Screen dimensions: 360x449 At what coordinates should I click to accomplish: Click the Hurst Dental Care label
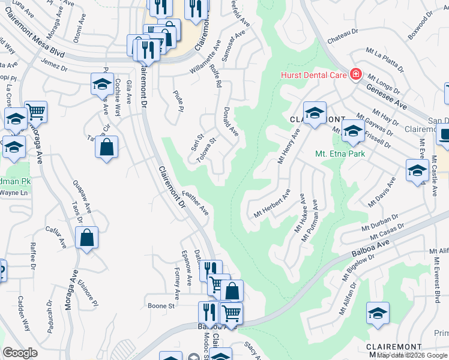pos(314,75)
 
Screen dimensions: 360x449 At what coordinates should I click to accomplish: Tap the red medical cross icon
pos(355,74)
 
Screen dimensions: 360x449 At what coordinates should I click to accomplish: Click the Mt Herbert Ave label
pos(272,203)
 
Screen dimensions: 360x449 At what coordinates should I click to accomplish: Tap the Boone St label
pos(160,305)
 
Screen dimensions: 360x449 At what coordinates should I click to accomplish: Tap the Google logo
pos(20,352)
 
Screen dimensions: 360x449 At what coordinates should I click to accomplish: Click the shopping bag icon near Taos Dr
pos(87,238)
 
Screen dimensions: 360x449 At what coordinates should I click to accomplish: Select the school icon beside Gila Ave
pos(102,84)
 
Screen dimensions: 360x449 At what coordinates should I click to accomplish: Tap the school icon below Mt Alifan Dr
pos(378,314)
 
